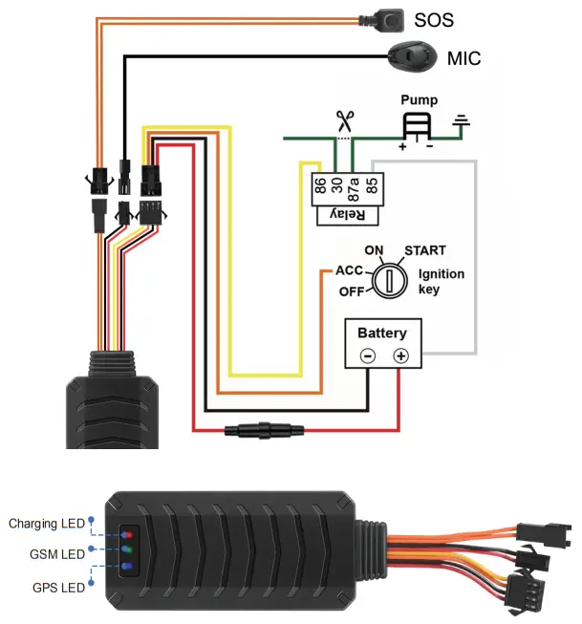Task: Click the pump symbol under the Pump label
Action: [416, 127]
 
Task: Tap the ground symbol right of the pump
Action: [462, 122]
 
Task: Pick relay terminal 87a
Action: [353, 184]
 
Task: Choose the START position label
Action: [424, 250]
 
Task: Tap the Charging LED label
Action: [46, 523]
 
